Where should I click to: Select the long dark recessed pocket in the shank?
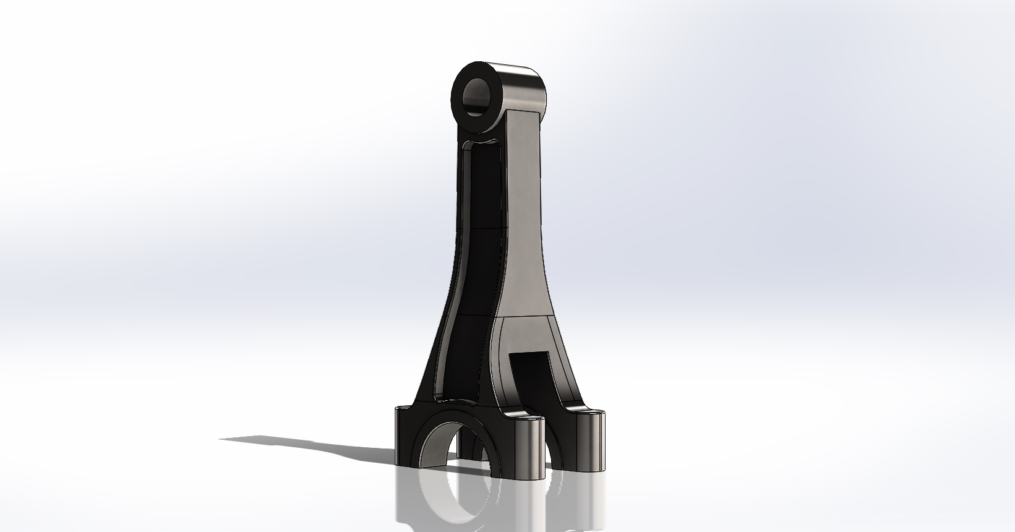(x=479, y=260)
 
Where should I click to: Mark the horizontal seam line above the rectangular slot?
(x=526, y=316)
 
